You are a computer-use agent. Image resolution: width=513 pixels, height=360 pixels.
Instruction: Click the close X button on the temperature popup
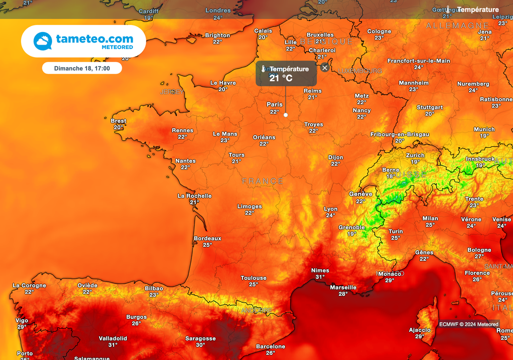click(325, 68)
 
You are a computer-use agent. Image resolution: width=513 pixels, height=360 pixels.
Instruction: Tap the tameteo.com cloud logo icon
click(43, 41)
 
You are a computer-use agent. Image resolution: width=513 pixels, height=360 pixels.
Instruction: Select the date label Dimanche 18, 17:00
click(82, 68)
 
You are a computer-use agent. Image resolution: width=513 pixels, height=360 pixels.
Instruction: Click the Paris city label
click(275, 105)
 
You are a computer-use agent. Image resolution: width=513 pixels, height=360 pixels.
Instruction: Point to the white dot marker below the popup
click(286, 115)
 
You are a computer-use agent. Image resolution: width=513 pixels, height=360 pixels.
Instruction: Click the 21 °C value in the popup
click(281, 78)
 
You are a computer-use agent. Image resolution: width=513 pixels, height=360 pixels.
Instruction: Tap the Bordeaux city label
click(207, 238)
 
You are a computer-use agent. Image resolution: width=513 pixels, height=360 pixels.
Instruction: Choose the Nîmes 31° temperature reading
click(320, 277)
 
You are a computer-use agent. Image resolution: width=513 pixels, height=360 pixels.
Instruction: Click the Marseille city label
click(343, 287)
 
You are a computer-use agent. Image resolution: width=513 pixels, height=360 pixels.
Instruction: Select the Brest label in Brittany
click(119, 121)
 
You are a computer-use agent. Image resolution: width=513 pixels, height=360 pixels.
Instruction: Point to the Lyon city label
click(331, 209)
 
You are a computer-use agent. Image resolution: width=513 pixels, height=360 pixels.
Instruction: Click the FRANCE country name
click(263, 181)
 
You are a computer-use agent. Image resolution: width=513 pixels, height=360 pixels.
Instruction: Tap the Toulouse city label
click(253, 278)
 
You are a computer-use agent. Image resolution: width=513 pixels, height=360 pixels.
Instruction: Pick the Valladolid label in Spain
click(113, 338)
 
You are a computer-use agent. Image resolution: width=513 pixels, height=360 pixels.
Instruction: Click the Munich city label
click(484, 129)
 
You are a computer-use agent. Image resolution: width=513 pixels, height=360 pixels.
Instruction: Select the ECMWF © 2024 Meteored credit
click(468, 324)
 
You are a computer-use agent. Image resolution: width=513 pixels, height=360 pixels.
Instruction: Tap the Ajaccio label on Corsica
click(419, 330)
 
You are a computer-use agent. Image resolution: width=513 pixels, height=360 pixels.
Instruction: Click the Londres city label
click(218, 11)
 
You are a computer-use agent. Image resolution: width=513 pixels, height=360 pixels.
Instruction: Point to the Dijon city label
click(336, 158)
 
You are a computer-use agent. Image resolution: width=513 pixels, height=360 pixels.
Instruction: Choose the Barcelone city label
click(271, 346)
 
